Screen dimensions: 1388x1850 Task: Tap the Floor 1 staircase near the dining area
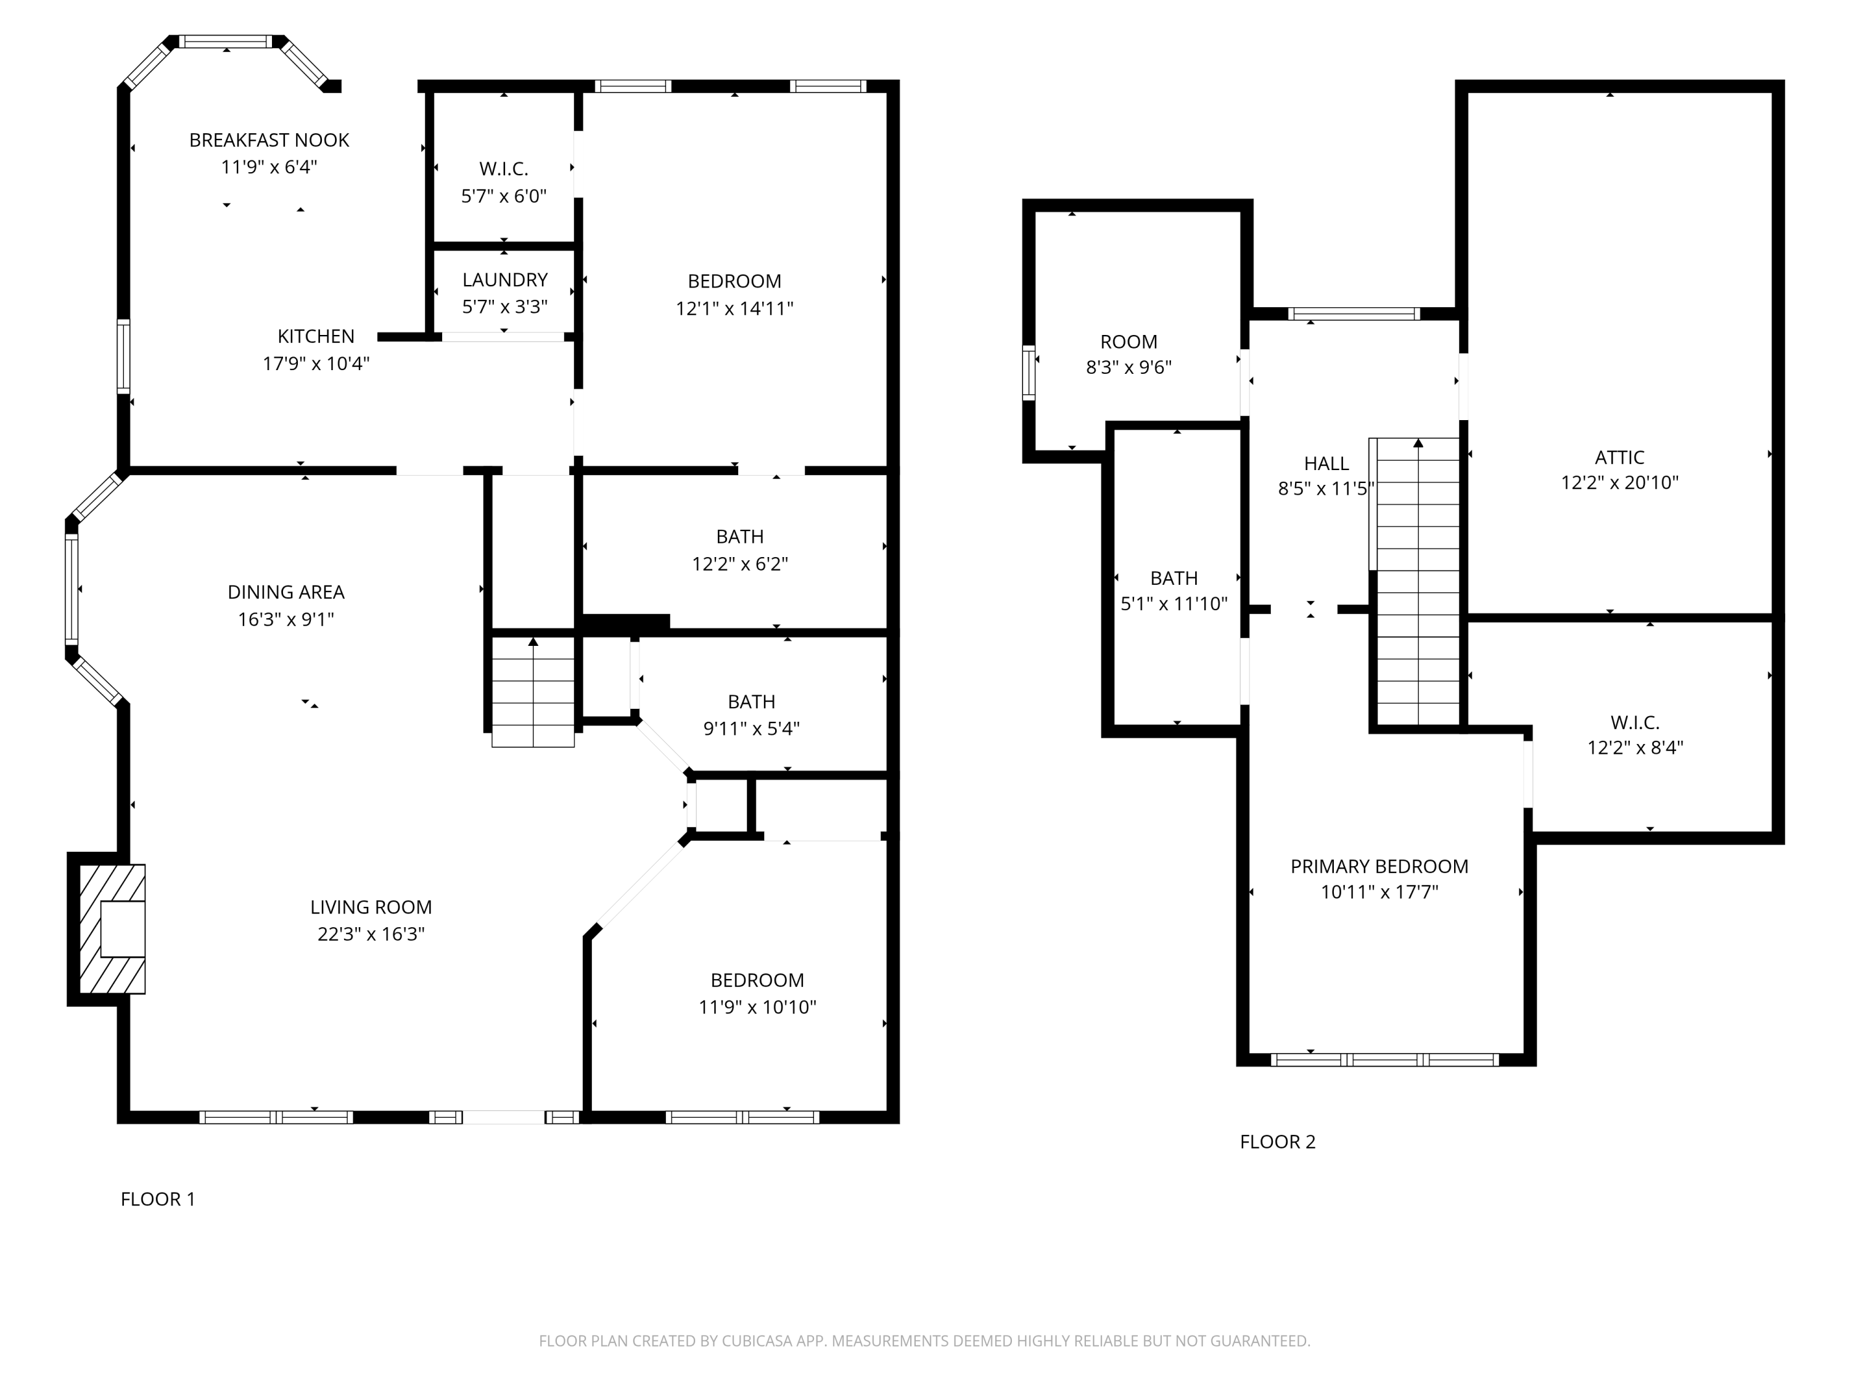pyautogui.click(x=533, y=691)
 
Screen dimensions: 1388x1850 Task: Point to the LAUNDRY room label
pyautogui.click(x=504, y=280)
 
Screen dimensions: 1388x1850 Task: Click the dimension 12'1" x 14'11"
pyautogui.click(x=734, y=308)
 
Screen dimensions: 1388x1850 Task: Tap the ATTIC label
pyautogui.click(x=1619, y=458)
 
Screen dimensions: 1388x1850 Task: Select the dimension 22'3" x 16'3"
pyautogui.click(x=371, y=935)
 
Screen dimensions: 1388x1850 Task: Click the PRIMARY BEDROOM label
pyautogui.click(x=1379, y=867)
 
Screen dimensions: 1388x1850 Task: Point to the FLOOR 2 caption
pyautogui.click(x=1277, y=1142)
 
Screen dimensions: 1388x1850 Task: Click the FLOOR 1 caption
pyautogui.click(x=158, y=1199)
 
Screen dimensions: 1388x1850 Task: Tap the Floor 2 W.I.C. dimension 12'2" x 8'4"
pyautogui.click(x=1635, y=748)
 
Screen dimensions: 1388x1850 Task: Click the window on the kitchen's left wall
pyautogui.click(x=124, y=357)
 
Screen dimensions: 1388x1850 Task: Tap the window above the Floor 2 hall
pyautogui.click(x=1353, y=314)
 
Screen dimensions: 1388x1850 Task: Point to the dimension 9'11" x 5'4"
pyautogui.click(x=751, y=729)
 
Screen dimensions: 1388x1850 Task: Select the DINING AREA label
pyautogui.click(x=286, y=592)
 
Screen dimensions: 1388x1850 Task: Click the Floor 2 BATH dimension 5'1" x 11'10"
pyautogui.click(x=1174, y=603)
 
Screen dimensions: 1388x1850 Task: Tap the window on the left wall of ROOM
pyautogui.click(x=1029, y=373)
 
